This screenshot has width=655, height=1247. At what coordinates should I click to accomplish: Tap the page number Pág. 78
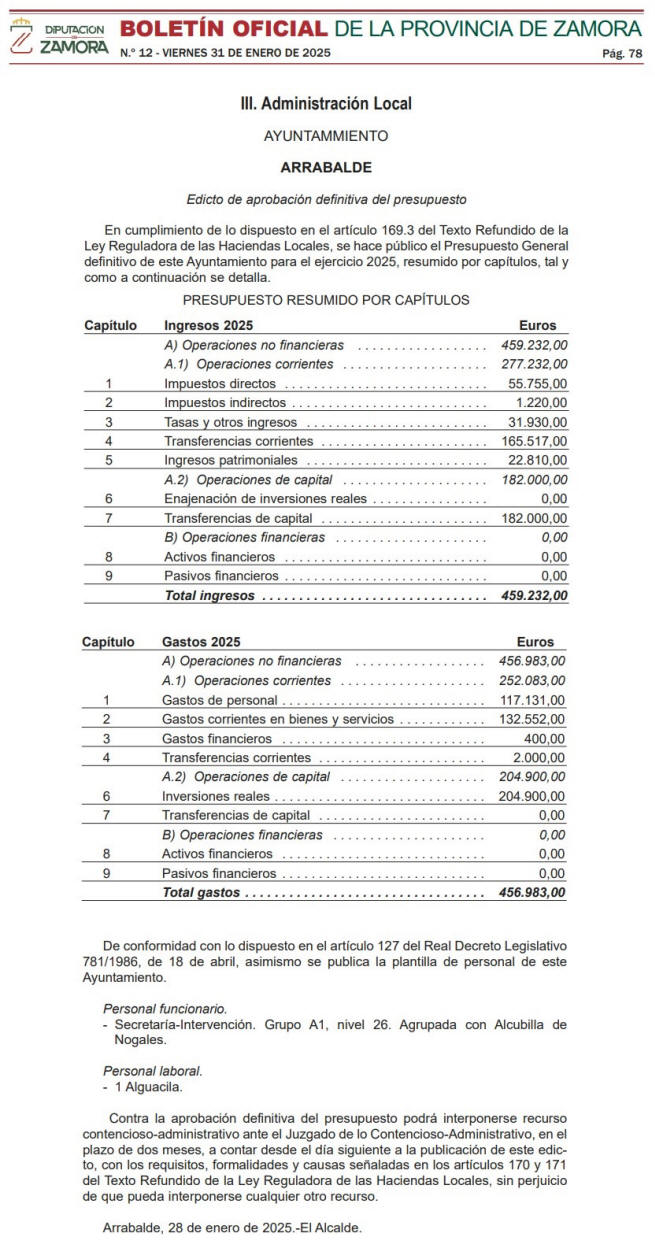(x=622, y=53)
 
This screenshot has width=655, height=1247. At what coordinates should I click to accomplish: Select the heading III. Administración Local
(x=326, y=104)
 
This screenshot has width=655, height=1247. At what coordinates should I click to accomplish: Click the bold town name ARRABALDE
(x=326, y=167)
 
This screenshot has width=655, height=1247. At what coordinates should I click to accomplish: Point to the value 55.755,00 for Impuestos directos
(x=537, y=383)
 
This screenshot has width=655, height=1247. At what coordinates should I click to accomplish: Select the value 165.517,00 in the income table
(x=533, y=441)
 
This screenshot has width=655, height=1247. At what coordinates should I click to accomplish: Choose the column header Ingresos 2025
(x=208, y=325)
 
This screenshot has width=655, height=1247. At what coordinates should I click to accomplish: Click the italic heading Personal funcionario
(x=165, y=1009)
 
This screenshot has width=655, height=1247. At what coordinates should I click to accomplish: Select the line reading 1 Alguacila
(x=147, y=1086)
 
